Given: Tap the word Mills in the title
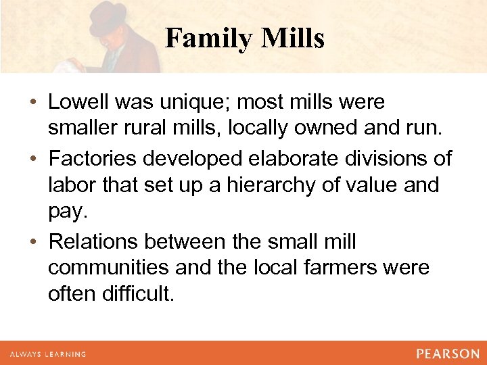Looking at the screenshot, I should pos(293,39).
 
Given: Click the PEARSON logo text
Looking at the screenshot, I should pos(447,354).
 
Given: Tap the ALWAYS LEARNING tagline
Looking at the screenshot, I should pos(47,354).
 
